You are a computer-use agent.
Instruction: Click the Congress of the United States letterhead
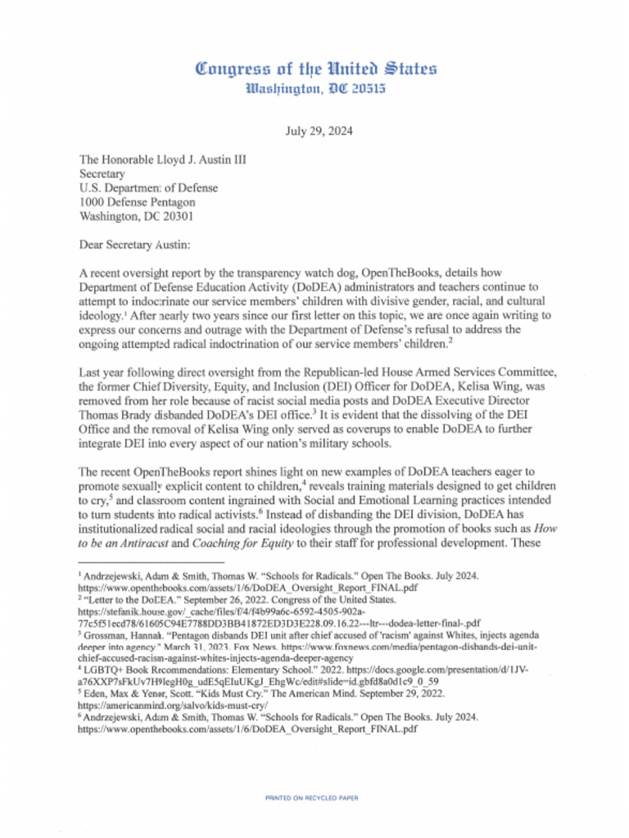(315, 68)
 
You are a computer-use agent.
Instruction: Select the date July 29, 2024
(315, 130)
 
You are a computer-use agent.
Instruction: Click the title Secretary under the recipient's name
(102, 173)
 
